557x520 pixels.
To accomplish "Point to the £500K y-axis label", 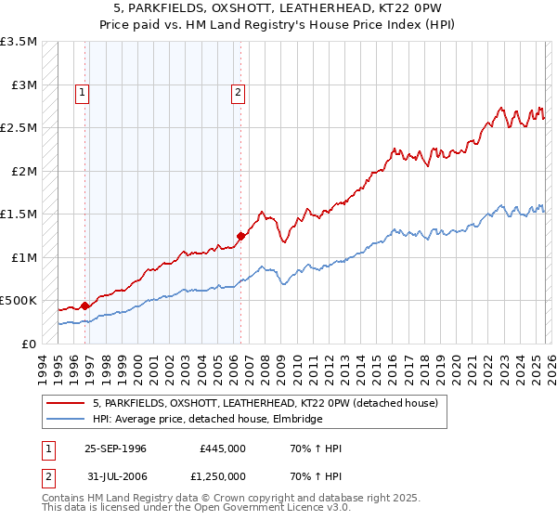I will tap(19, 301).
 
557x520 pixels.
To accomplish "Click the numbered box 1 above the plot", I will tap(84, 92).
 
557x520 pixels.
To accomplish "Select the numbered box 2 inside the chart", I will tap(239, 92).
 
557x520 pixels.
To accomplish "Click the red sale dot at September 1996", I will tap(84, 305).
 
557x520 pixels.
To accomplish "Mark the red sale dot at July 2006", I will tap(240, 236).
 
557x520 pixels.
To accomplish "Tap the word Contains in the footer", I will tap(62, 499).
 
